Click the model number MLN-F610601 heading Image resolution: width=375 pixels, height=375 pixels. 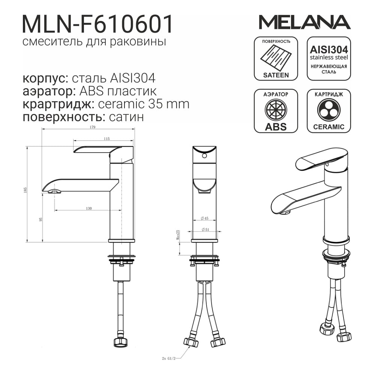coord(97,24)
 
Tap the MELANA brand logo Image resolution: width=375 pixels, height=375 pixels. coord(304,22)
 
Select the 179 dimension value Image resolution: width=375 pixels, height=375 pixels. coord(93,127)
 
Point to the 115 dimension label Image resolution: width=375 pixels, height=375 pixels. coord(106,139)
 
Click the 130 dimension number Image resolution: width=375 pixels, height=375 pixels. coord(89,208)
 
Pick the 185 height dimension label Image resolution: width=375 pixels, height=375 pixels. coord(25,190)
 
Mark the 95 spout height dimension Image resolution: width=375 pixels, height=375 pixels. coord(40,219)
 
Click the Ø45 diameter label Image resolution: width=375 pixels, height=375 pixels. coord(204,218)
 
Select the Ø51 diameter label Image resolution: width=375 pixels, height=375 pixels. coord(205,229)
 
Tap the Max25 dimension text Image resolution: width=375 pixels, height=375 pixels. coord(178,235)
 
